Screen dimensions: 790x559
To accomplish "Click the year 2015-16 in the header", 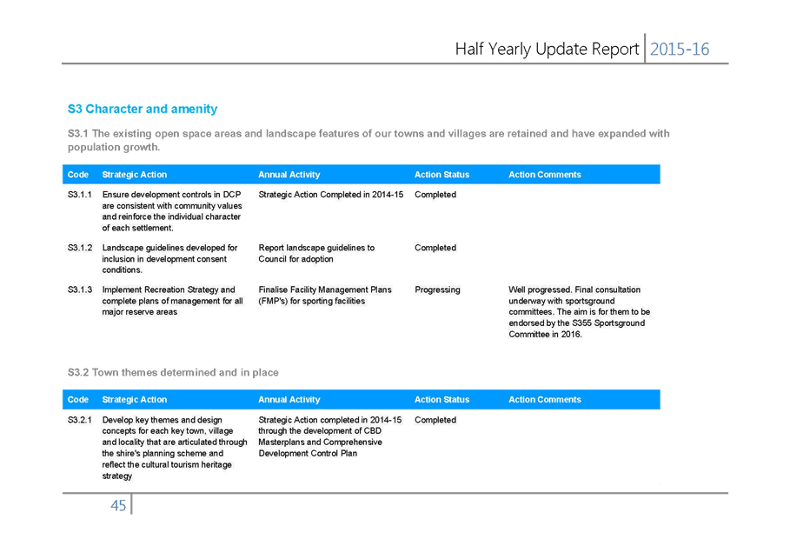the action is pyautogui.click(x=680, y=49).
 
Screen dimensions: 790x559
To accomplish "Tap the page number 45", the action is pyautogui.click(x=118, y=506).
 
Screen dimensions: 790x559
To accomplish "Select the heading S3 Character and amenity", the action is pyautogui.click(x=143, y=109).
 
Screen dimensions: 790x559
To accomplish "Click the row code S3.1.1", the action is pyautogui.click(x=80, y=195).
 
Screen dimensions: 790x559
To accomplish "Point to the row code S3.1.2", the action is pyautogui.click(x=80, y=248).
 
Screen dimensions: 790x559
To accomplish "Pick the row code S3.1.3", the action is pyautogui.click(x=80, y=289).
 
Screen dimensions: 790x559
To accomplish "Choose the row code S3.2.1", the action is pyautogui.click(x=80, y=420).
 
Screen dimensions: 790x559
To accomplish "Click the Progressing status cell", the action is pyautogui.click(x=437, y=289).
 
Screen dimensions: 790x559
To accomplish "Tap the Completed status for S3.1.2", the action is pyautogui.click(x=435, y=248).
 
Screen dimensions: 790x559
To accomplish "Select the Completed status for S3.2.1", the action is pyautogui.click(x=435, y=420).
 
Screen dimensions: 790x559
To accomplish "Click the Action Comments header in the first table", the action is pyautogui.click(x=545, y=175).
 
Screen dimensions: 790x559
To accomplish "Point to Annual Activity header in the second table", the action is pyautogui.click(x=289, y=400).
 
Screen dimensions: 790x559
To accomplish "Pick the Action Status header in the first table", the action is pyautogui.click(x=441, y=175).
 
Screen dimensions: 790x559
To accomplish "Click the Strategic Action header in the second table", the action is pyautogui.click(x=135, y=400).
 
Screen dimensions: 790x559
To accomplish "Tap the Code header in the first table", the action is pyautogui.click(x=78, y=175).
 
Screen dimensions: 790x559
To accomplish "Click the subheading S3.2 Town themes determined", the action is pyautogui.click(x=173, y=372).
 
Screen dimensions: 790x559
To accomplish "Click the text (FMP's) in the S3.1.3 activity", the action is pyautogui.click(x=273, y=302).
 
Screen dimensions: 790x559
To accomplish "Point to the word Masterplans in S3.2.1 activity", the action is pyautogui.click(x=281, y=443).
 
